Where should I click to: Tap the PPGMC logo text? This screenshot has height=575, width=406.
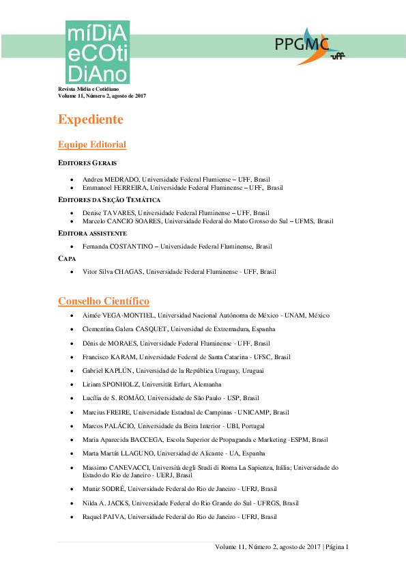300,46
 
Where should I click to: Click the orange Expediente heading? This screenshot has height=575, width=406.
91,120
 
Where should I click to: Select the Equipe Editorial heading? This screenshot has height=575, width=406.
92,144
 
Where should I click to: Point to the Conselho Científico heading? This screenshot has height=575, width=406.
104,301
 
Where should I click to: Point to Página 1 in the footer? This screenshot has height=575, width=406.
336,548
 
